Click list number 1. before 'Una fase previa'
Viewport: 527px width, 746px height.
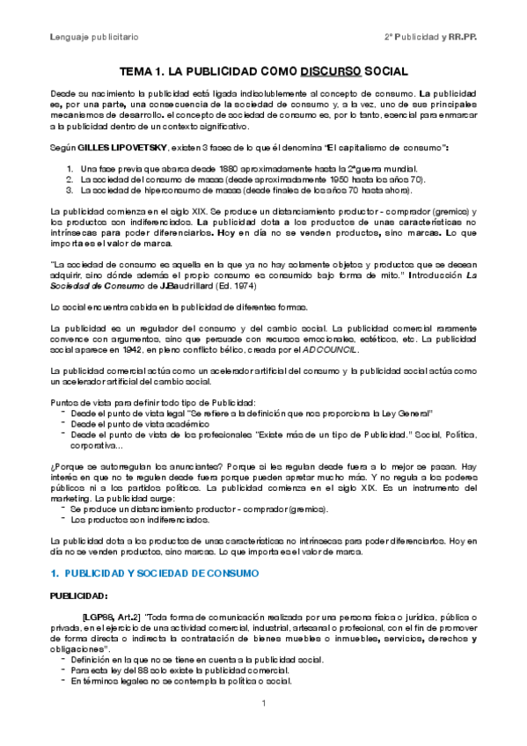[x=70, y=167]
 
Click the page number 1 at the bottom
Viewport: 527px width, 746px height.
[x=263, y=702]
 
